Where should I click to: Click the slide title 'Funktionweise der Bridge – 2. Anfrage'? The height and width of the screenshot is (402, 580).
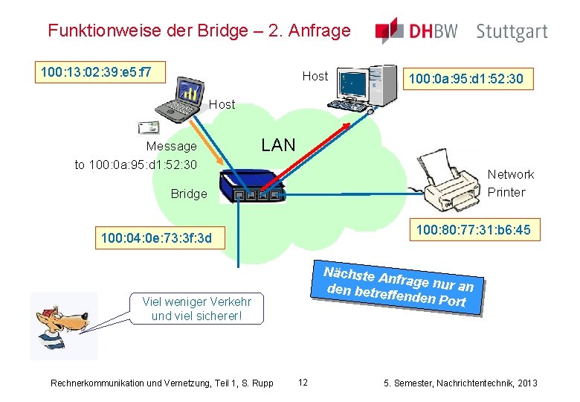click(x=199, y=31)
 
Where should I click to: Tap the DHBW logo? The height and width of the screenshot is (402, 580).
click(x=416, y=31)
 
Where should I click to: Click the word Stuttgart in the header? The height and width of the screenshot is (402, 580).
click(x=512, y=32)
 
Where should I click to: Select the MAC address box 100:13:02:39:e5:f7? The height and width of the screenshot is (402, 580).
click(x=97, y=72)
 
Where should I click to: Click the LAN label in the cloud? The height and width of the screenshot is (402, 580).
click(x=278, y=145)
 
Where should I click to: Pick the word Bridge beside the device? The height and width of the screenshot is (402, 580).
click(x=189, y=194)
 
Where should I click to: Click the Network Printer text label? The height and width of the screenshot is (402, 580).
click(x=510, y=183)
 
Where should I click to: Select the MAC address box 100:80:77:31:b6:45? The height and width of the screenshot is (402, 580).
click(x=473, y=230)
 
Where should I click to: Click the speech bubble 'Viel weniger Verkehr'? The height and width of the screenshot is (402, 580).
click(x=196, y=309)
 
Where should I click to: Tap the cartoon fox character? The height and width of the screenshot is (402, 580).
click(x=62, y=326)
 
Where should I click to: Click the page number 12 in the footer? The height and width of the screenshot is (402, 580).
click(x=303, y=383)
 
